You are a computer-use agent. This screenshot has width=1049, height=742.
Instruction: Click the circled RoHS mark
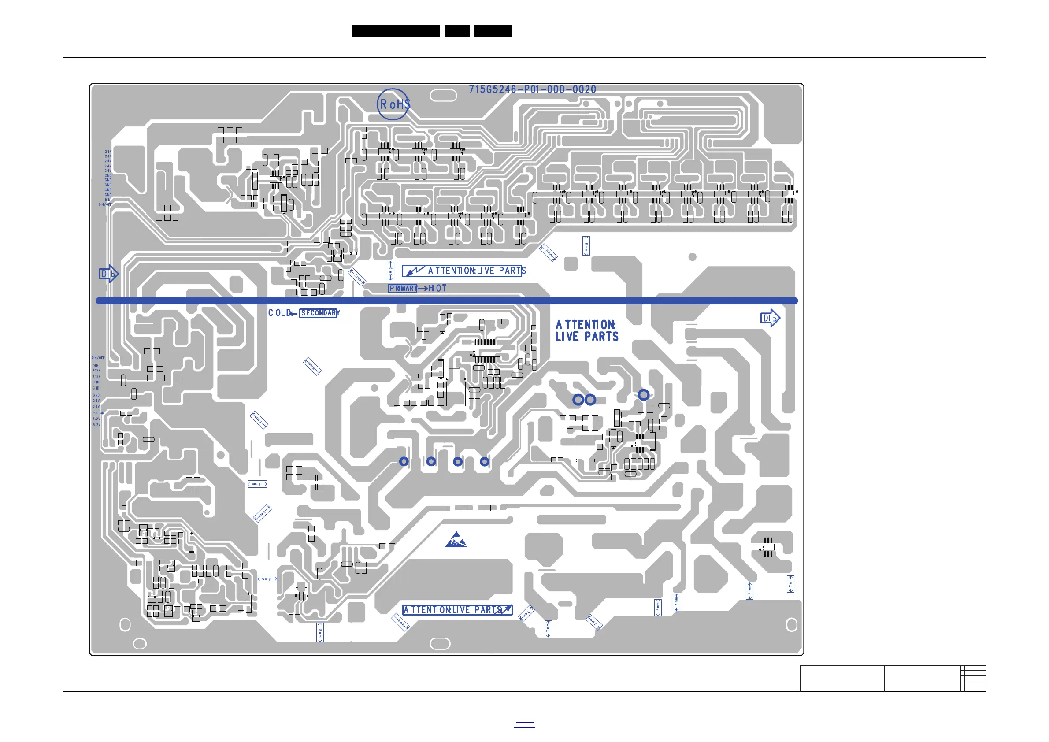[393, 104]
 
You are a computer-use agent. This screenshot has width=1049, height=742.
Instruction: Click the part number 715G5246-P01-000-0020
[532, 89]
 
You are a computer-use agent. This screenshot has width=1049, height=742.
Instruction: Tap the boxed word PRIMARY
[403, 288]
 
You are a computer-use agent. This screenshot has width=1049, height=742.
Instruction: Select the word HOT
[437, 288]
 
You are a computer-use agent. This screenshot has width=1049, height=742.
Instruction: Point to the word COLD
[278, 313]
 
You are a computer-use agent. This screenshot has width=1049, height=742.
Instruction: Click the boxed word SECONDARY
[319, 313]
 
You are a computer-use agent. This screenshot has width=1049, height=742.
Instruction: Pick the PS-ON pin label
[98, 413]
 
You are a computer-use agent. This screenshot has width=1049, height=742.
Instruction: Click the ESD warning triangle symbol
[456, 540]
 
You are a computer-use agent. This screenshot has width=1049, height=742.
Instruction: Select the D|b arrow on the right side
[770, 318]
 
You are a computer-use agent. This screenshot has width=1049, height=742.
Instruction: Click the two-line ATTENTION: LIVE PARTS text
[587, 331]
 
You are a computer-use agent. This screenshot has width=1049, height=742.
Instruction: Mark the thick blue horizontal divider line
[447, 301]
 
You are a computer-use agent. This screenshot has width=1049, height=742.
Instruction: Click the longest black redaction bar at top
[396, 31]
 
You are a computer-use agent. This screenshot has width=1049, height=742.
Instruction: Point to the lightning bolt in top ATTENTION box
[415, 271]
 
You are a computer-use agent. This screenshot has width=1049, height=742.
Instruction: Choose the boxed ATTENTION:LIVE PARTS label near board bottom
[457, 610]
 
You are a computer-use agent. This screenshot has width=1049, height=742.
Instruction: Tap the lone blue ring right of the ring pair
[643, 394]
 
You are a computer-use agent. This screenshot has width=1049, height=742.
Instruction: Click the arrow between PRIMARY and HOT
[423, 289]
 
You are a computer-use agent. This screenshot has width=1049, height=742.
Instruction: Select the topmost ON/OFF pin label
[105, 205]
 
